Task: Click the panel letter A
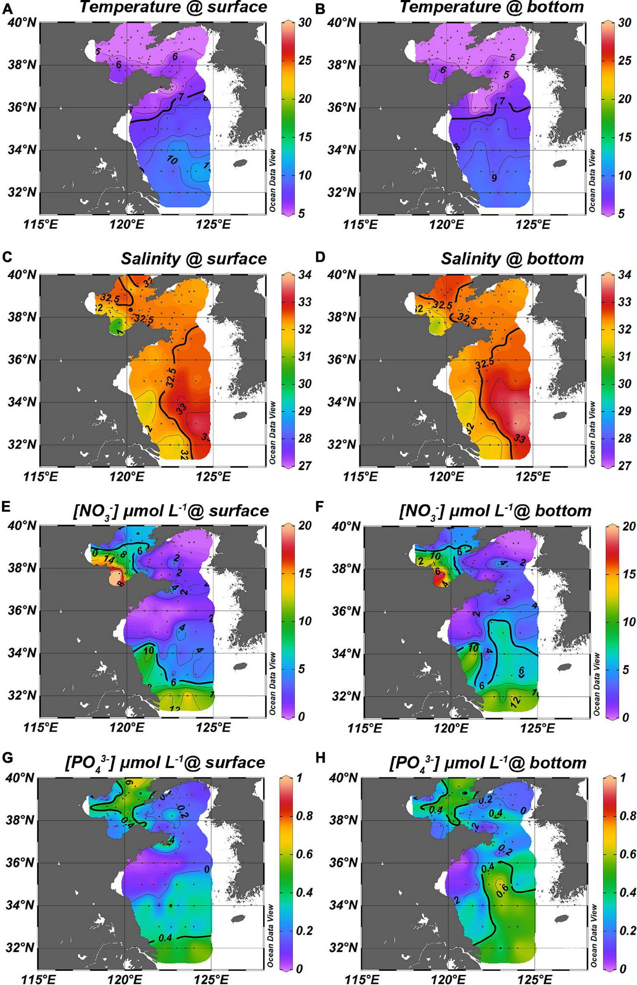tap(7, 8)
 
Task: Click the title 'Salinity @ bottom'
tap(512, 259)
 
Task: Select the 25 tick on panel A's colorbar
tap(302, 60)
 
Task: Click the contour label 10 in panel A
tap(172, 160)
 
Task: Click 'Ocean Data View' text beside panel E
tap(273, 683)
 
